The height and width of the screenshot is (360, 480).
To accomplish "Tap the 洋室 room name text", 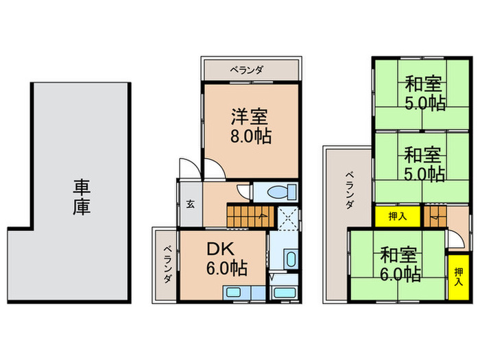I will [x=249, y=116].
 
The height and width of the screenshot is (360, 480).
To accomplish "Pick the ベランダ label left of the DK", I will [x=167, y=265].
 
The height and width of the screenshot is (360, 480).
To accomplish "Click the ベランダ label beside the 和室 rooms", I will [x=349, y=190].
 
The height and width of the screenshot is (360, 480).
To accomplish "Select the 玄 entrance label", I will [x=189, y=204].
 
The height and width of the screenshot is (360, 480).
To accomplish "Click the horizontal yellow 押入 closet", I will [x=397, y=217].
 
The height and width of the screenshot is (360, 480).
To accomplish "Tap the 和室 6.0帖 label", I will [x=399, y=265].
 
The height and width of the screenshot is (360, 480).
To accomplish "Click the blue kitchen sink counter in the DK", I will [x=243, y=293].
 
